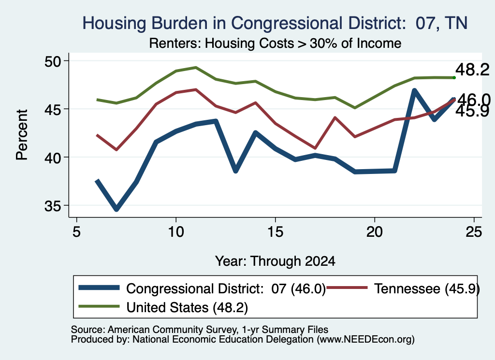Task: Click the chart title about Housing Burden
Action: tap(275, 23)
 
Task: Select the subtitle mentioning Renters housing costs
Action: tap(275, 43)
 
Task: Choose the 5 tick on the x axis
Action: tap(76, 232)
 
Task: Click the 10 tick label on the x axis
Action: tap(176, 232)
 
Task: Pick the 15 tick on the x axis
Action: tap(275, 232)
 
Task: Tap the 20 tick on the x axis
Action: tap(375, 232)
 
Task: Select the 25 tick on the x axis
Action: tap(474, 232)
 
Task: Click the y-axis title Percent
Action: tap(22, 135)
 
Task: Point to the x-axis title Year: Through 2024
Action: tap(275, 261)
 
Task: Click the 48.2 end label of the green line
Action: tap(472, 70)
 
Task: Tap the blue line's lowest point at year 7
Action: tap(116, 209)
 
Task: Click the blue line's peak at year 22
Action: tap(414, 90)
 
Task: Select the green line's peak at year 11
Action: tap(196, 67)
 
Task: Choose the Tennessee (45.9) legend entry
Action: tap(403, 288)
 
